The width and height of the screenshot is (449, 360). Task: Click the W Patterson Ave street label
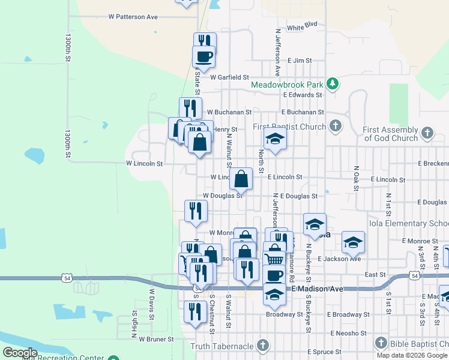point(128,17)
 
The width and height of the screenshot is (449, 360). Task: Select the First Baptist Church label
point(289,127)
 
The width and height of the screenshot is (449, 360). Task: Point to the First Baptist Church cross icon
point(336,127)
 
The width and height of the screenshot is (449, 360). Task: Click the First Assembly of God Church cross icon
point(427,133)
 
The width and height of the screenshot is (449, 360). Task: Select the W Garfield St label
point(229,77)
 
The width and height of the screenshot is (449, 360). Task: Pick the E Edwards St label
point(307,95)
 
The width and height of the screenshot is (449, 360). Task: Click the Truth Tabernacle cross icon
point(262,346)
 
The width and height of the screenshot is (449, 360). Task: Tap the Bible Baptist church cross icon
point(380,343)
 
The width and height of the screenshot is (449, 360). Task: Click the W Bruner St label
point(156,339)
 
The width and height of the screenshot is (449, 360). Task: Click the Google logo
point(20,353)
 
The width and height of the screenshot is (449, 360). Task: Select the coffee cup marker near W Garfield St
point(203,56)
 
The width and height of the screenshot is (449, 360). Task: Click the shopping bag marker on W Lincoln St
point(241,178)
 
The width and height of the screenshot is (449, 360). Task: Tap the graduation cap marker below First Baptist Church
point(275,139)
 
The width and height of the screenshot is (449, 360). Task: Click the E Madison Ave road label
point(318,289)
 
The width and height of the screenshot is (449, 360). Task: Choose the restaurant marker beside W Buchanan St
point(190,108)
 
